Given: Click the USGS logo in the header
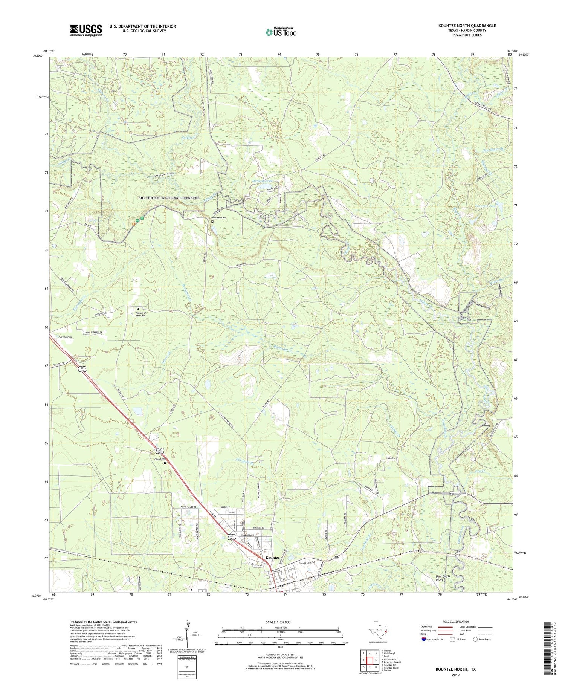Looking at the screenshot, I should (86, 30).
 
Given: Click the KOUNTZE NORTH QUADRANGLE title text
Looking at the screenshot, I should (462, 26).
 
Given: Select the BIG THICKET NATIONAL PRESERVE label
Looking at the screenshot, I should (169, 197).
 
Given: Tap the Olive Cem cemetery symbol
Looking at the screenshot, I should (165, 463).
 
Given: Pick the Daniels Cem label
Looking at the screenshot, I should (304, 562).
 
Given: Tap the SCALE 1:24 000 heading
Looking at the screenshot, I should (278, 622).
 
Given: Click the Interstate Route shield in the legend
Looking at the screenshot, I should (425, 639).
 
